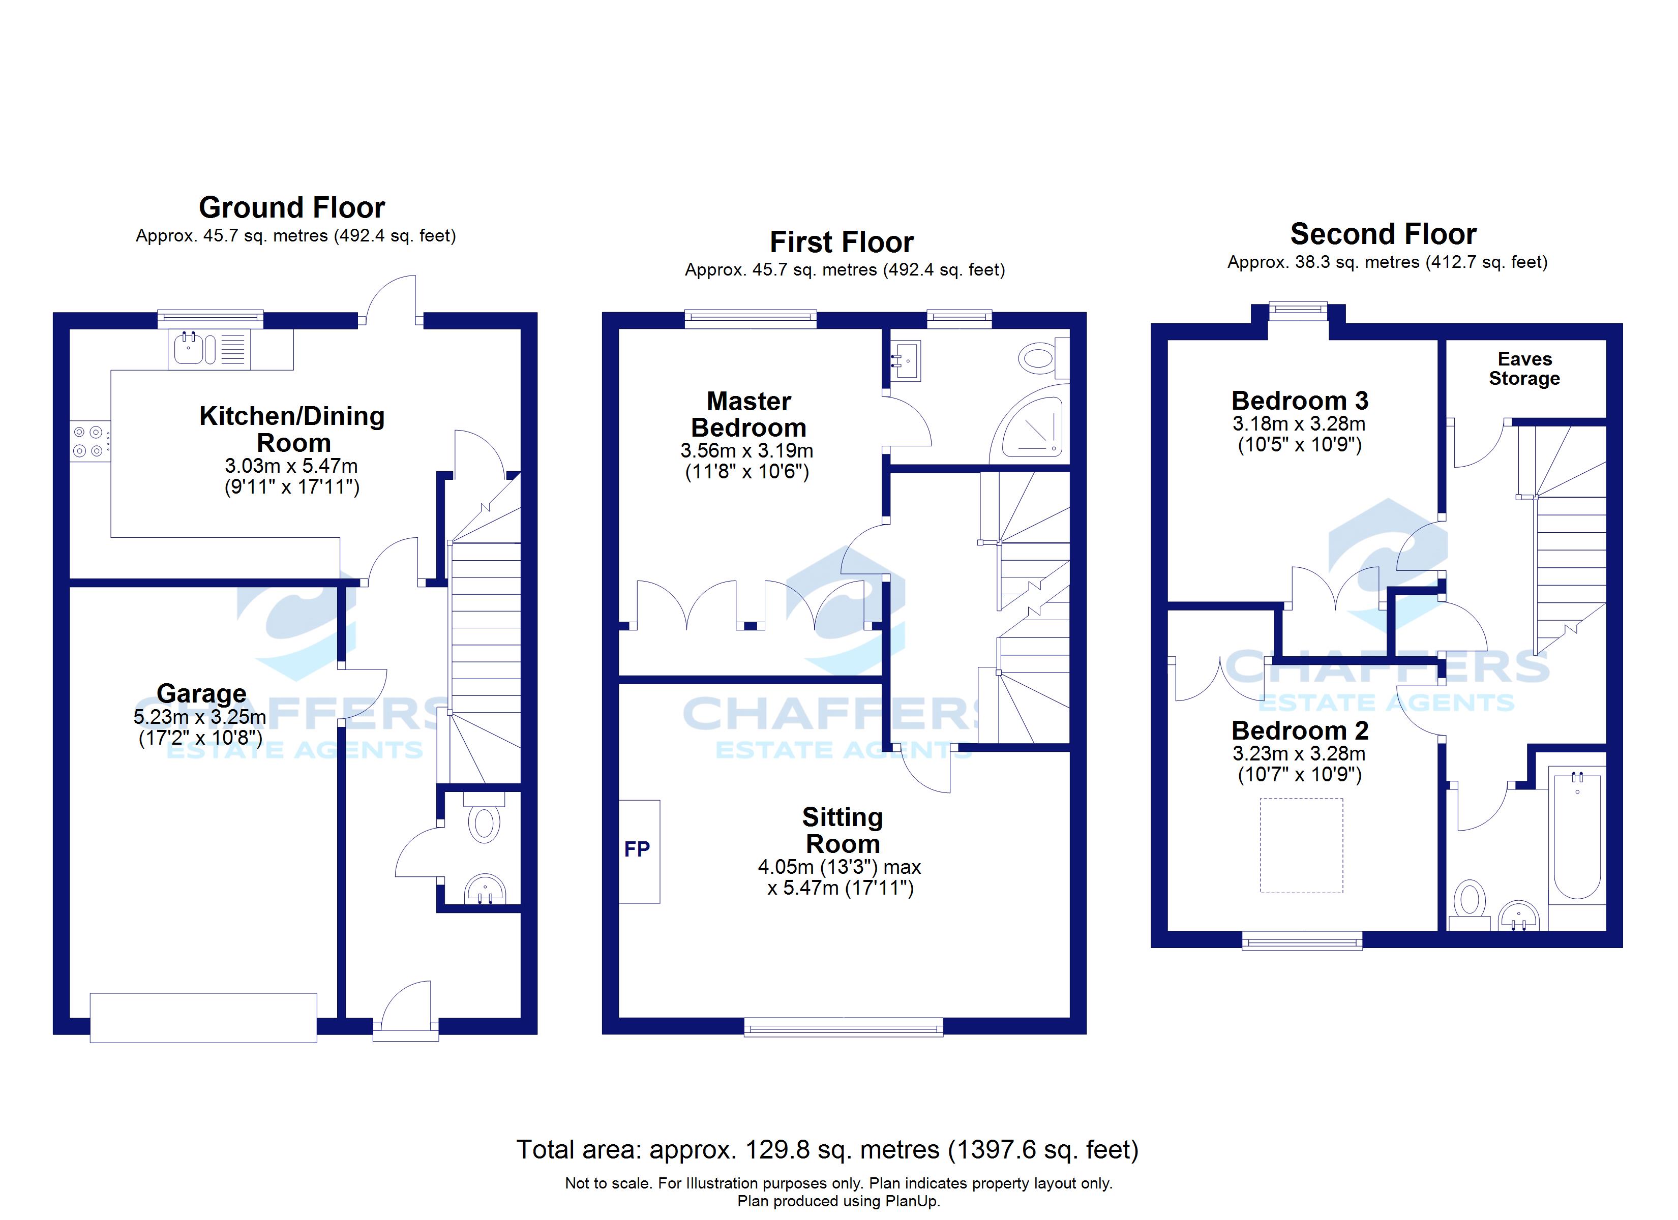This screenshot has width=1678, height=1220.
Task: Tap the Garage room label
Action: pos(201,693)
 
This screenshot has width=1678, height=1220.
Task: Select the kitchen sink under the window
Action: pos(189,349)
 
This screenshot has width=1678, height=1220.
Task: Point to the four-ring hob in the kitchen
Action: pos(89,441)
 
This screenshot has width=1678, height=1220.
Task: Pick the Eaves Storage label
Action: pos(1524,369)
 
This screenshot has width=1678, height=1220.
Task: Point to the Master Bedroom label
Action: pos(748,414)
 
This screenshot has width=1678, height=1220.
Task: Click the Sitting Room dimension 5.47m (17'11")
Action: pos(841,888)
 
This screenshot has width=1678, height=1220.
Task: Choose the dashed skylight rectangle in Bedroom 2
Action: pos(1301,845)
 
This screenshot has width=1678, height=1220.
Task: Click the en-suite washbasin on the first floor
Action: pos(906,360)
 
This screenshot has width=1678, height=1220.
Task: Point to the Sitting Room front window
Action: pos(844,1026)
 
